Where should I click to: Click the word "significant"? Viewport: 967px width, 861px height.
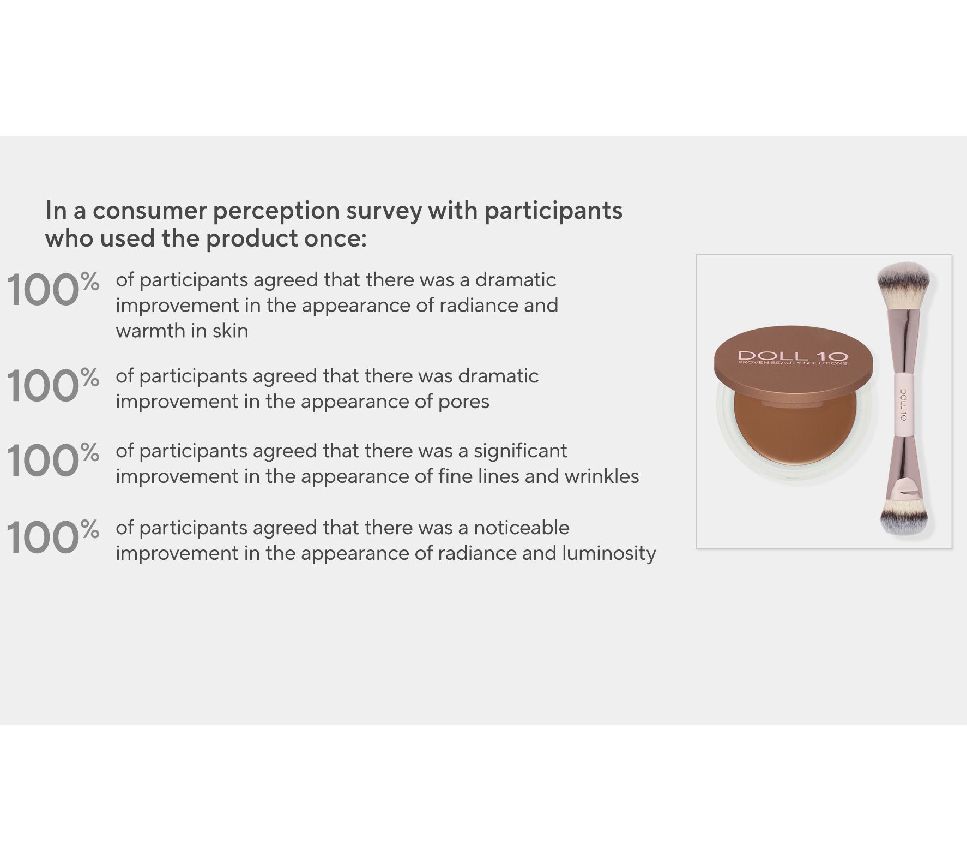(x=521, y=451)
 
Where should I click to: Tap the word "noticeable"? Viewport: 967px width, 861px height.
(x=522, y=528)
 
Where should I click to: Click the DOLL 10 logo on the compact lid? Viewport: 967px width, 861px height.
(x=793, y=357)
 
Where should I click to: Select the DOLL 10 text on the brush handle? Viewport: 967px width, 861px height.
(x=903, y=404)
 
